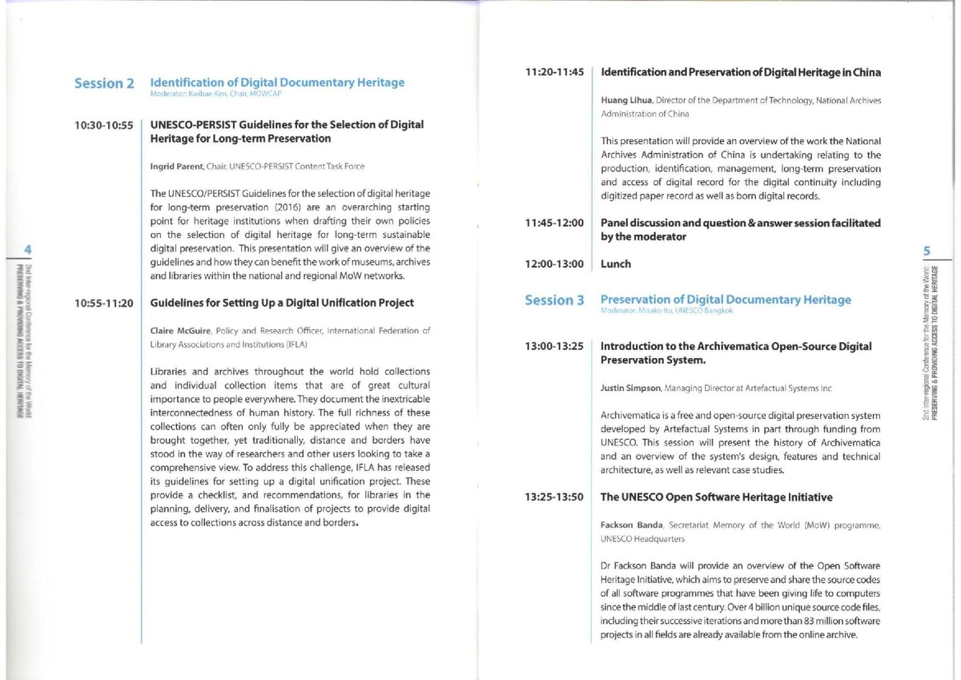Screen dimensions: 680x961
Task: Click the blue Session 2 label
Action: pos(103,84)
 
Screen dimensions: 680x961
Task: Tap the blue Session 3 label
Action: pos(554,300)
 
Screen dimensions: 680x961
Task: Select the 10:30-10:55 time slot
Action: pos(103,126)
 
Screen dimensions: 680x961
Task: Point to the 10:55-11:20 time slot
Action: pos(103,304)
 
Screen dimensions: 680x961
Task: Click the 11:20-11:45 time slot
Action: pos(554,73)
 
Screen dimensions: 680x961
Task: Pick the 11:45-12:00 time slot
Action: pos(554,223)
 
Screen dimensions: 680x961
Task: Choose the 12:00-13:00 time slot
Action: pos(554,264)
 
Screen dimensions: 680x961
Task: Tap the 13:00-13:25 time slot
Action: pos(554,347)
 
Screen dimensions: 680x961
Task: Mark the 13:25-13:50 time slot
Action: pos(554,497)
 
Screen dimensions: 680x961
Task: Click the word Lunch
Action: pos(616,264)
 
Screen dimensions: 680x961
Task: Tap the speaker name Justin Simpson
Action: pos(631,388)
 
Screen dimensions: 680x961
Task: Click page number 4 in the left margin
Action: pos(26,250)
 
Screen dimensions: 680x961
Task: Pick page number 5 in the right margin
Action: pos(926,251)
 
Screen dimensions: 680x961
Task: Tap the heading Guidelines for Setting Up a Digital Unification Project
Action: pos(282,304)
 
